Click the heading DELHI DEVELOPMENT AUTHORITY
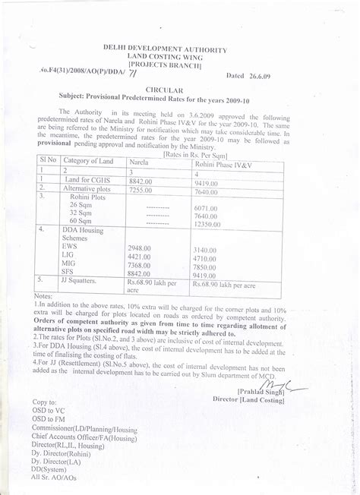[165, 49]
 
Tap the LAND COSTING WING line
[165, 57]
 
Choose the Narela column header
[139, 162]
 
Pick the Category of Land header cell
[89, 160]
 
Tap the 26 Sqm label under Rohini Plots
[81, 206]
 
